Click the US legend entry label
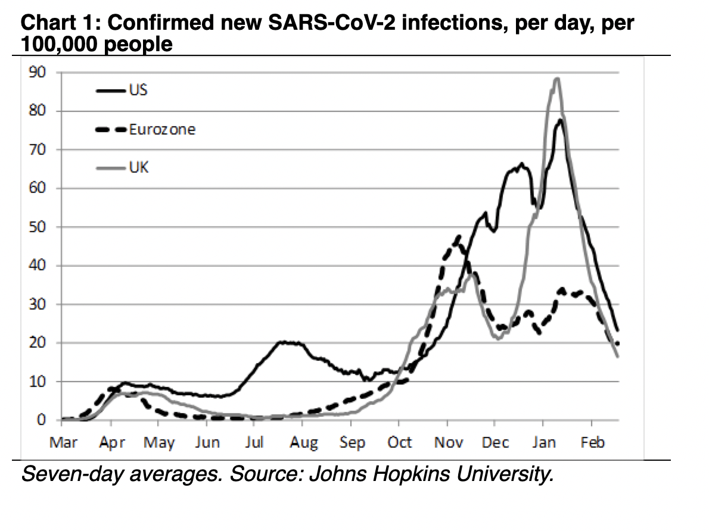click(138, 90)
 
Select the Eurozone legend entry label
click(161, 129)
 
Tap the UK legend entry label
click(138, 167)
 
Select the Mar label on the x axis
click(63, 442)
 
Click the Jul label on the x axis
click(254, 442)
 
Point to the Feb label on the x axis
click(592, 442)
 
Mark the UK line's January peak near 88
click(556, 79)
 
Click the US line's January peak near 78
click(560, 120)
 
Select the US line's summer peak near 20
click(285, 342)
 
